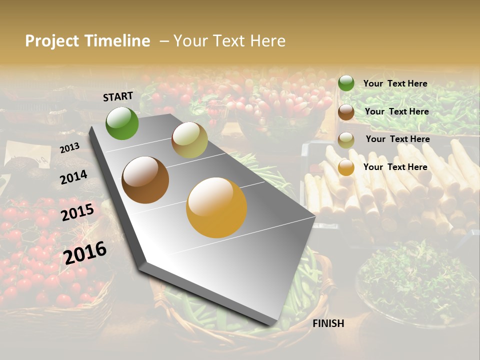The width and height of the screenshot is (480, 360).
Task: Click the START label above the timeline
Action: coord(118,96)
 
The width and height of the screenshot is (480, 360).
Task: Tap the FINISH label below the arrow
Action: coord(328,323)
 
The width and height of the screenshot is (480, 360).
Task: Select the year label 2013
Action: coord(69,147)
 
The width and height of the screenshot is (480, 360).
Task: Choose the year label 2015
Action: coord(77,212)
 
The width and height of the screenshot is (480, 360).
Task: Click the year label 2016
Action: coord(85,252)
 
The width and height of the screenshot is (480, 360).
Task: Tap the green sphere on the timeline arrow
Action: coord(122,123)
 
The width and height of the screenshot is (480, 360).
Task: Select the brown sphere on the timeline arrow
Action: coord(145,180)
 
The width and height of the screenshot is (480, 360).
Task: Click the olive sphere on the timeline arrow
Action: coord(189,140)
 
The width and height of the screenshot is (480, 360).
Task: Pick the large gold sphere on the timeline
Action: coord(216,207)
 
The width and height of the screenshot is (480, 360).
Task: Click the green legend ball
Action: coord(346,83)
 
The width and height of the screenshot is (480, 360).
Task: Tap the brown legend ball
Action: coord(346,112)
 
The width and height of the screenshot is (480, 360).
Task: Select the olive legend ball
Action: coord(346,140)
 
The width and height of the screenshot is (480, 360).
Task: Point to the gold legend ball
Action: coord(346,167)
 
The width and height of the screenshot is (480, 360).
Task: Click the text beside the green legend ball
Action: coord(395,83)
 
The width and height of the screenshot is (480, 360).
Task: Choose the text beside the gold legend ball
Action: coord(395,167)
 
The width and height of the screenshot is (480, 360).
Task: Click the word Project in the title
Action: coord(52,41)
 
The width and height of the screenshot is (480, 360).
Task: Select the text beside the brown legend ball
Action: coord(396,111)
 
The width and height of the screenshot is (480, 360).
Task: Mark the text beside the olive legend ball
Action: coord(397,139)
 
